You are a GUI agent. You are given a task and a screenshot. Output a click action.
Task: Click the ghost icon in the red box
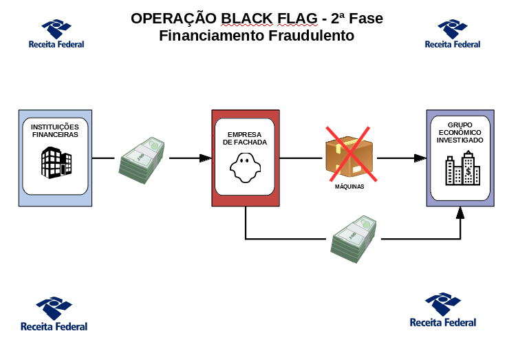click(245, 167)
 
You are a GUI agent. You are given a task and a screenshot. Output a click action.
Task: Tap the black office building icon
click(56, 160)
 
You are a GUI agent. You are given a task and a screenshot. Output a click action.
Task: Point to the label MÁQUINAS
click(349, 186)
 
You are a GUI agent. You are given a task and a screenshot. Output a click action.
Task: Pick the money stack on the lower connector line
click(354, 239)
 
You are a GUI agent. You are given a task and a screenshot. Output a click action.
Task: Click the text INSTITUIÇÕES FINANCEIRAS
click(55, 131)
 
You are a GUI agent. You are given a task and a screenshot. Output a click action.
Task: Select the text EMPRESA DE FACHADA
click(246, 138)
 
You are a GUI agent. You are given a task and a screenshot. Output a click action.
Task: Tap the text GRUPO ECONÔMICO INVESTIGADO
click(460, 131)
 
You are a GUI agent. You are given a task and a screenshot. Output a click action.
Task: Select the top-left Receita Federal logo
click(56, 33)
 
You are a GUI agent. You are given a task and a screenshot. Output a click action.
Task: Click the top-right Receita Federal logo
click(453, 33)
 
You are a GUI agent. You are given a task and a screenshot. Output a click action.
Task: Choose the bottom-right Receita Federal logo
click(443, 310)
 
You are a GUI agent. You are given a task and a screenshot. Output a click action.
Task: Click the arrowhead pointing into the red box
click(205, 158)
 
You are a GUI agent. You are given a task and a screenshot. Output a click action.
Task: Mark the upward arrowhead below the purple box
click(460, 213)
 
